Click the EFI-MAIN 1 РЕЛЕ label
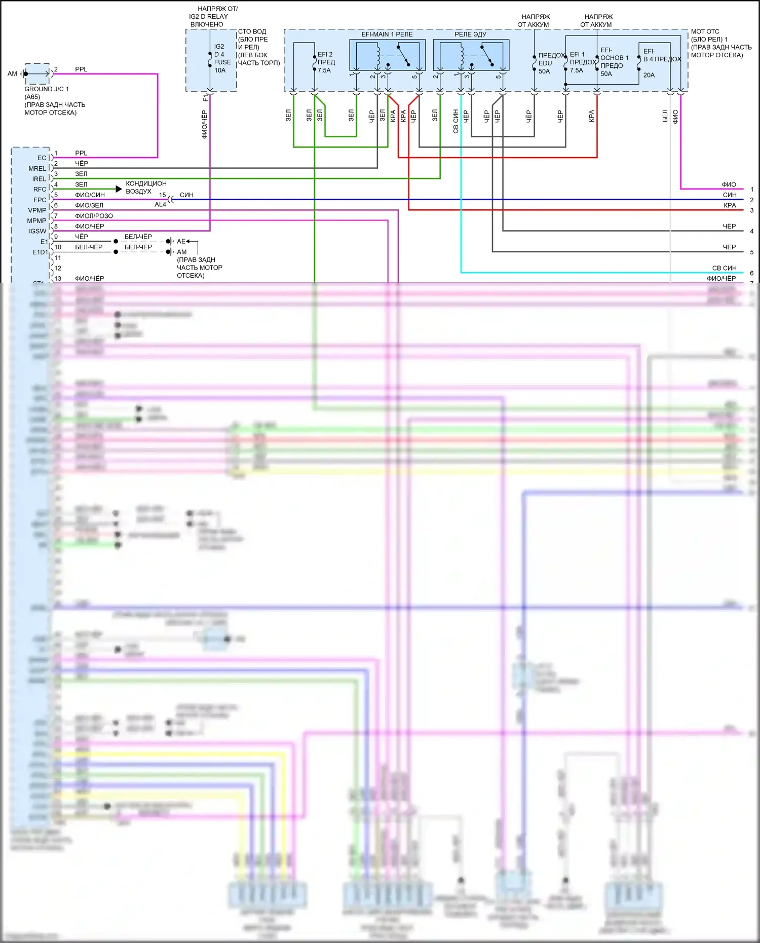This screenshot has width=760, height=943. [387, 34]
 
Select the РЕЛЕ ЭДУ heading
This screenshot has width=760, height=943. [470, 34]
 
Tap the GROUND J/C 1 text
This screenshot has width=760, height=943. [47, 89]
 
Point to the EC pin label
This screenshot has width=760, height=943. [42, 158]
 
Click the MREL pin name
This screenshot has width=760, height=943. [37, 169]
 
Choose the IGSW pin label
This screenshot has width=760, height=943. [37, 231]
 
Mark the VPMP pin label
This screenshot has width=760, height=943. [37, 210]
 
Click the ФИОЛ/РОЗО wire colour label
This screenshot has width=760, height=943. [94, 216]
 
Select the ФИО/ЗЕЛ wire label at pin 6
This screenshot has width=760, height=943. [89, 205]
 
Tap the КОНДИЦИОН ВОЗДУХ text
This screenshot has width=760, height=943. [146, 187]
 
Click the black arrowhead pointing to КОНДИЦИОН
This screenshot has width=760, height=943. [119, 189]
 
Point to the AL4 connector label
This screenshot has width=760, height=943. [160, 205]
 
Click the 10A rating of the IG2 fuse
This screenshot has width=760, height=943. [220, 70]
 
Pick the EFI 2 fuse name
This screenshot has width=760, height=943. [325, 54]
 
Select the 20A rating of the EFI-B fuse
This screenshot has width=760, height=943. [649, 75]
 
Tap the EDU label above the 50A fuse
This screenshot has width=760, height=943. [545, 63]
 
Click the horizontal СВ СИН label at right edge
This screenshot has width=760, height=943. [724, 268]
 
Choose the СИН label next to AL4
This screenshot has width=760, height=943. [186, 195]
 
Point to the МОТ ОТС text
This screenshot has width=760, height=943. [705, 31]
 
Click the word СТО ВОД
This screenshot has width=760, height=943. [252, 31]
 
